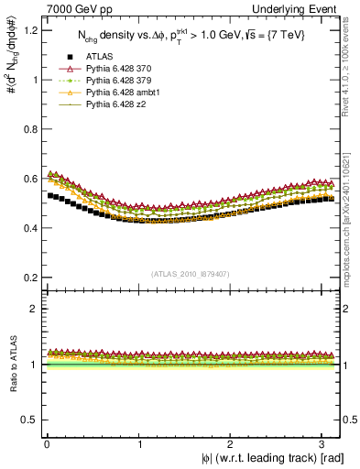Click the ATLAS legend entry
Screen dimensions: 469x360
pos(98,57)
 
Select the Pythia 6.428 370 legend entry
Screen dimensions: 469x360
pos(119,69)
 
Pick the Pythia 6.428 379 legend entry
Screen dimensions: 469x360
pos(119,81)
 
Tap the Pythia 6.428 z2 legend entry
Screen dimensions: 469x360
pos(116,104)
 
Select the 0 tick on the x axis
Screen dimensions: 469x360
pos(46,443)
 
